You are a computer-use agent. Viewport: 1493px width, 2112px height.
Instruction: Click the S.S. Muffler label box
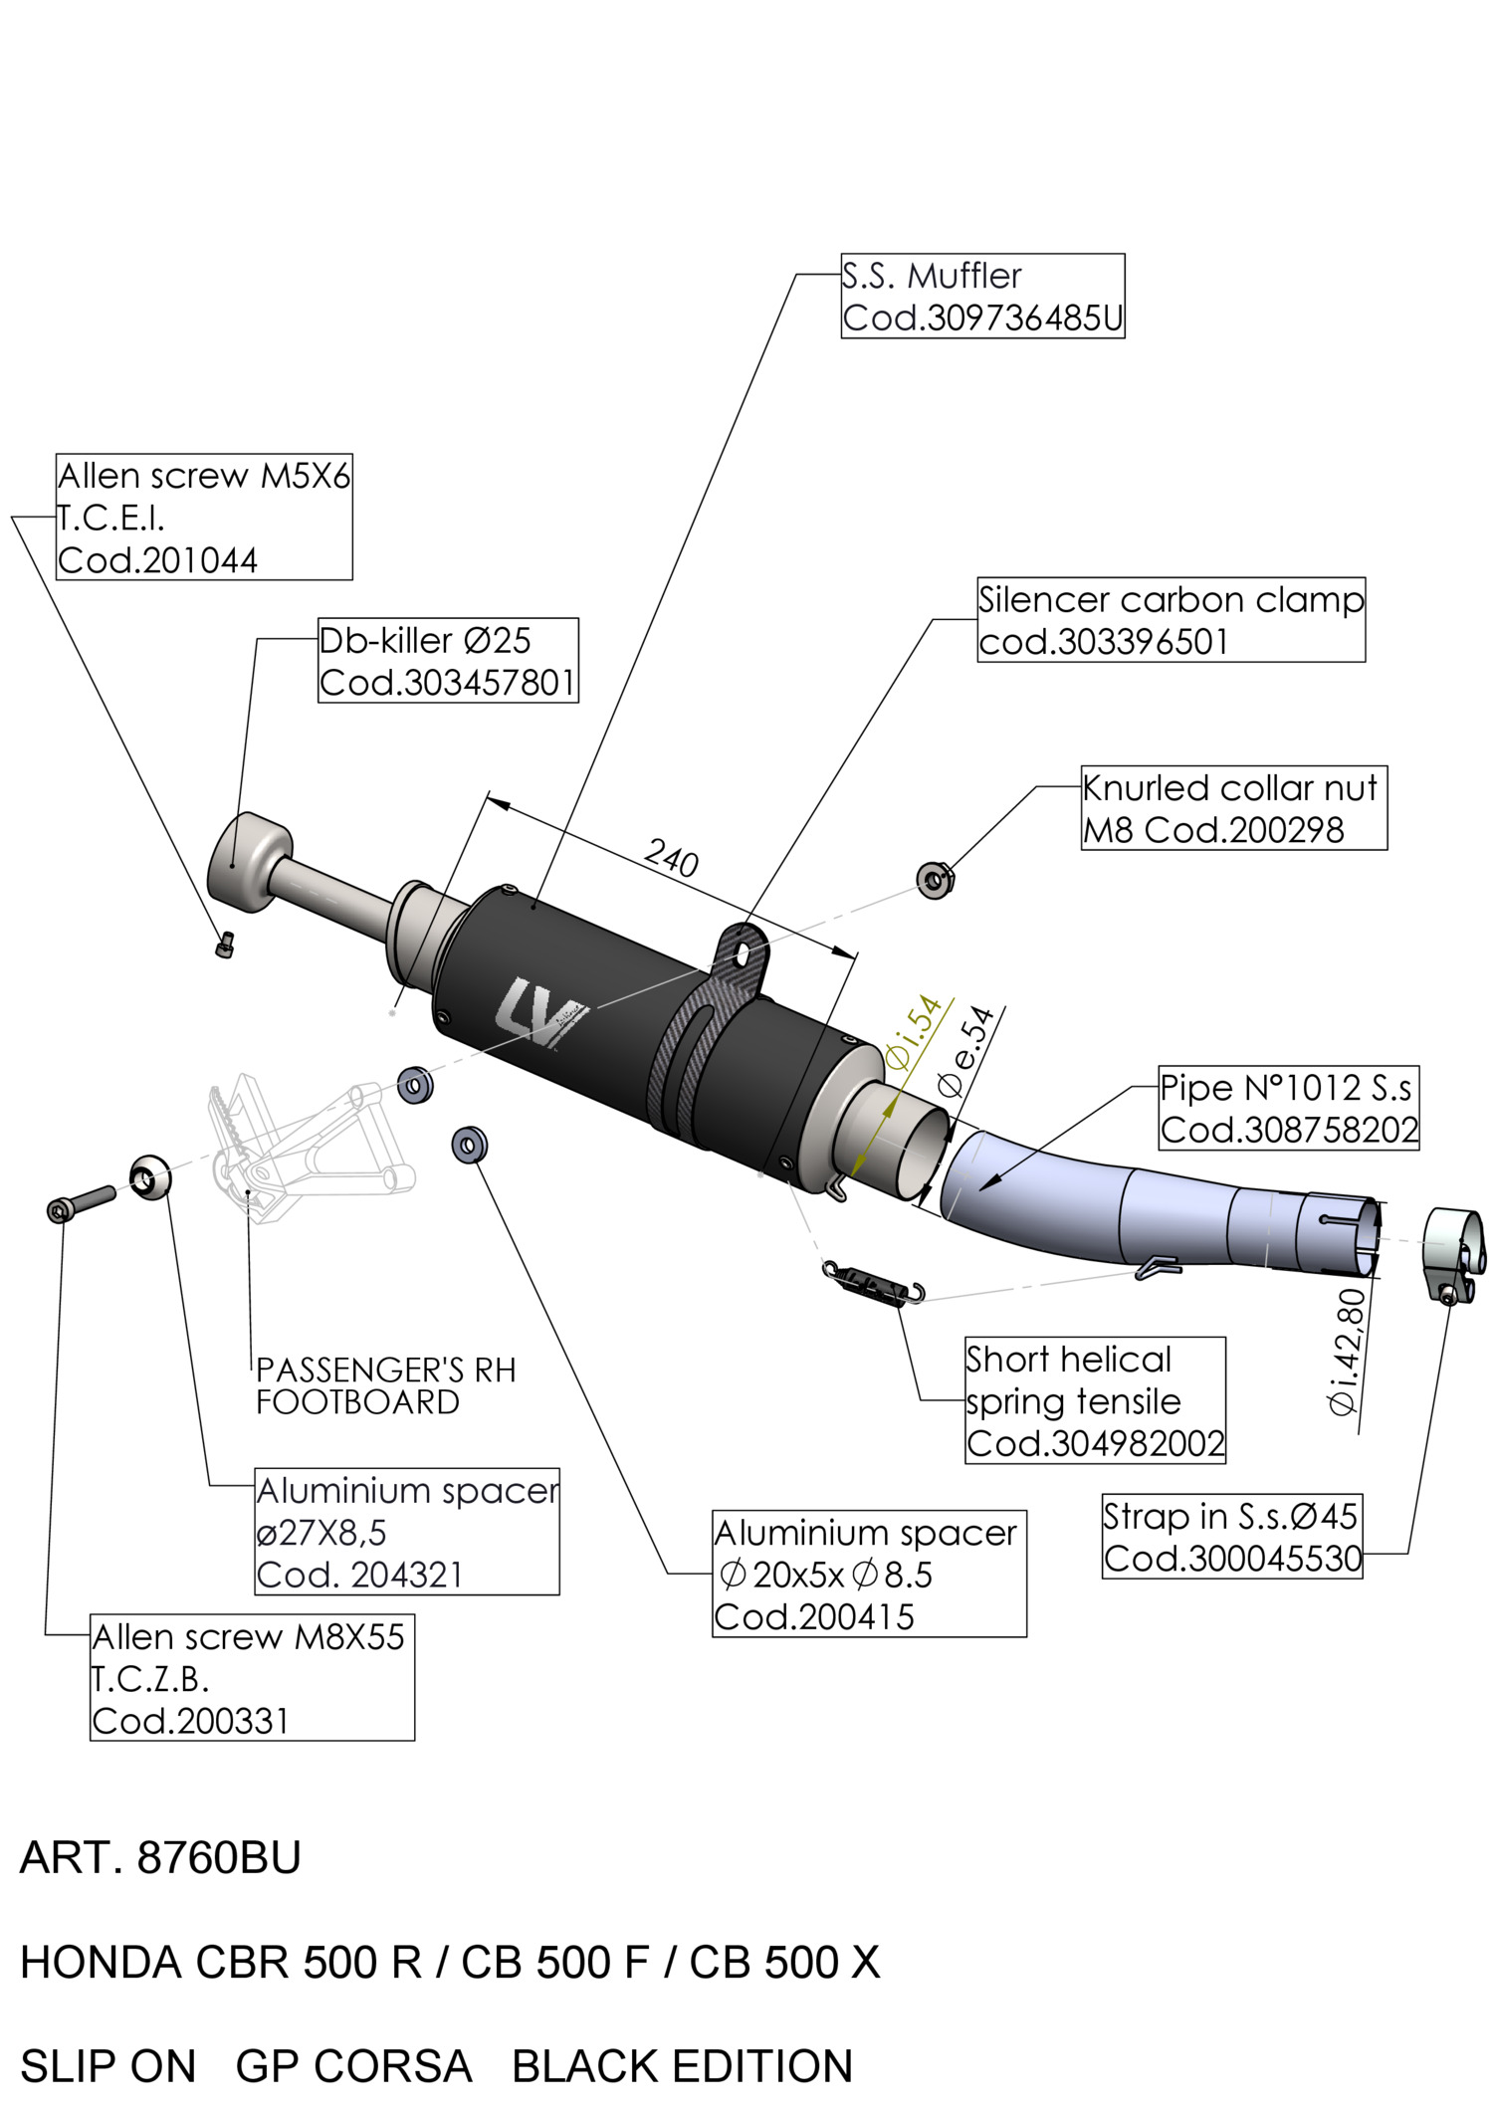[x=982, y=296]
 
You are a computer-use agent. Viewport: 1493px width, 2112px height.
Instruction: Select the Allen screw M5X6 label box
[x=204, y=518]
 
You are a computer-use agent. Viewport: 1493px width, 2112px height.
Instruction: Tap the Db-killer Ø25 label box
[x=448, y=661]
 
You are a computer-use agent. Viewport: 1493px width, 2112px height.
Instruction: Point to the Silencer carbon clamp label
[x=1171, y=620]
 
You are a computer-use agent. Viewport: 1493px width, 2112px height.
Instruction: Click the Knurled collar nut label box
[x=1234, y=808]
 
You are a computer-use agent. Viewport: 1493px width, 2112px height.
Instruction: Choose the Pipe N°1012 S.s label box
[x=1289, y=1108]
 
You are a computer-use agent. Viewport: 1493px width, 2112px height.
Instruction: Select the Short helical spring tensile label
[x=1095, y=1400]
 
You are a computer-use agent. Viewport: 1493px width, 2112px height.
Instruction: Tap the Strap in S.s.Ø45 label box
[x=1232, y=1537]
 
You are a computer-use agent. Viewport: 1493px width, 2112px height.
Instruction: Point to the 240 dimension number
[x=672, y=858]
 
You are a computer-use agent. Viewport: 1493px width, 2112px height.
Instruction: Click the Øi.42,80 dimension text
[x=1347, y=1351]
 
